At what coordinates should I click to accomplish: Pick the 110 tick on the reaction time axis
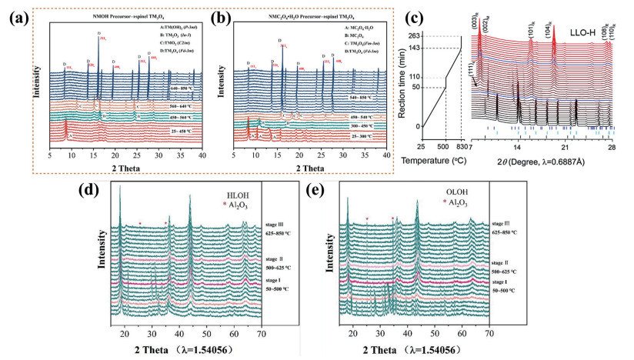(x=415, y=77)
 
